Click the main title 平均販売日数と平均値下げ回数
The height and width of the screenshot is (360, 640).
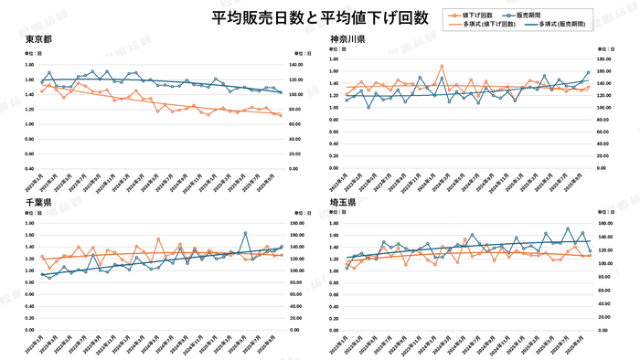pos(319,17)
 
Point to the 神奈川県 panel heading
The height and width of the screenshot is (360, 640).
pos(348,39)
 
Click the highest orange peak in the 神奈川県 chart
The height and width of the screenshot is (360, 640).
pos(442,66)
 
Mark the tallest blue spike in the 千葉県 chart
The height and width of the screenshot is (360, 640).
pos(245,233)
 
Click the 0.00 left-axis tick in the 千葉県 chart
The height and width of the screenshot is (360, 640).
pos(31,330)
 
